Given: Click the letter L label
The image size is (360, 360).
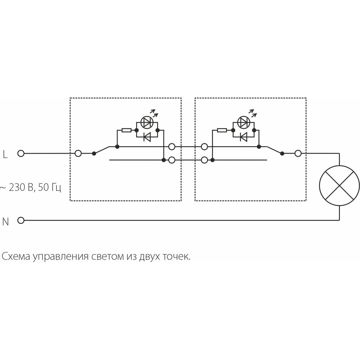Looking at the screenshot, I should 5,155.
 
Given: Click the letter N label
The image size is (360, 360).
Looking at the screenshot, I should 5,222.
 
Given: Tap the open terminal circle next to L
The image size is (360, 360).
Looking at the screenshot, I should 21,153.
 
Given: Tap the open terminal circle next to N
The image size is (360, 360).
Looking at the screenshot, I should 21,220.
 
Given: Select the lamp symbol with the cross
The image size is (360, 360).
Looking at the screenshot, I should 339,186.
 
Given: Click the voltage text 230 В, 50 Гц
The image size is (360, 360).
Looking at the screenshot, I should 31,188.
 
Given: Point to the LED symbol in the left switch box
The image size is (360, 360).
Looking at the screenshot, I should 147,123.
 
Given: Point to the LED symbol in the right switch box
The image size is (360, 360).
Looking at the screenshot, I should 244,123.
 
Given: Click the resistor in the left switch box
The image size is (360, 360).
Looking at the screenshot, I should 126,130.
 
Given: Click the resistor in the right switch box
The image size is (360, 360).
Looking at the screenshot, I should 222,130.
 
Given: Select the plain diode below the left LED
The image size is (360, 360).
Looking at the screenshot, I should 147,137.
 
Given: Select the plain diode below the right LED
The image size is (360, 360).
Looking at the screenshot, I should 244,137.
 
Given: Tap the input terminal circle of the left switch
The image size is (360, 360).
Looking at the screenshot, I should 78,153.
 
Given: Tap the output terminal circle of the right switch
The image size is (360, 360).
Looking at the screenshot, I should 298,153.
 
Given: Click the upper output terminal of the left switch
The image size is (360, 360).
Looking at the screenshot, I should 172,147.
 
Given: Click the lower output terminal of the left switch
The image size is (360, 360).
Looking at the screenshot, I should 172,159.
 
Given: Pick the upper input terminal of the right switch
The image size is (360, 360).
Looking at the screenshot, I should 204,147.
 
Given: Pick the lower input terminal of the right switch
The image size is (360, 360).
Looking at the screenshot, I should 204,159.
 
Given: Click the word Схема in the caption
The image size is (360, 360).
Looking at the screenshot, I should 15,257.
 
